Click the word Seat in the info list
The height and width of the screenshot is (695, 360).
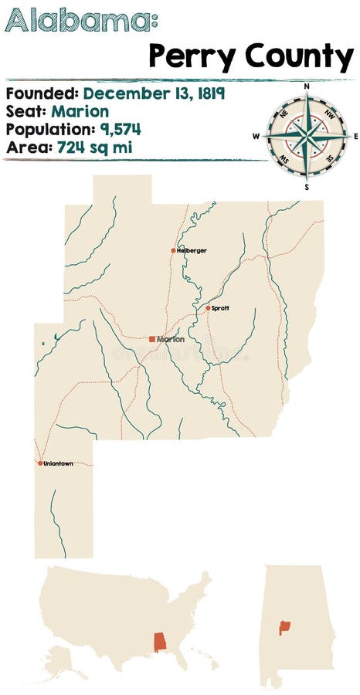click(25, 111)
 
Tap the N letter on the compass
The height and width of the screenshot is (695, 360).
click(307, 86)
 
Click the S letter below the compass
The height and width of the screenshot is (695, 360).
click(307, 187)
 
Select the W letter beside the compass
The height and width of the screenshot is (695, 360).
click(256, 137)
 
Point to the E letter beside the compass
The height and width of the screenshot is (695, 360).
click(355, 137)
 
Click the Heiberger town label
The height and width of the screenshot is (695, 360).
click(192, 251)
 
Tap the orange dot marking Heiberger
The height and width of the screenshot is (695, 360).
click(174, 250)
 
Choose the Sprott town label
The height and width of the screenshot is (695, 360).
click(220, 308)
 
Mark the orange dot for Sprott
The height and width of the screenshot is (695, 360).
click(208, 308)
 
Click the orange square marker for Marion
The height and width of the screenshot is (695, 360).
click(152, 339)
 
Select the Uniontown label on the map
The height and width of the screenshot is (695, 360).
click(59, 463)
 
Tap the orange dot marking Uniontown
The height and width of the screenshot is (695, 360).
click(40, 463)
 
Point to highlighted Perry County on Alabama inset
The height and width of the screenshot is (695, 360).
click(284, 627)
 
